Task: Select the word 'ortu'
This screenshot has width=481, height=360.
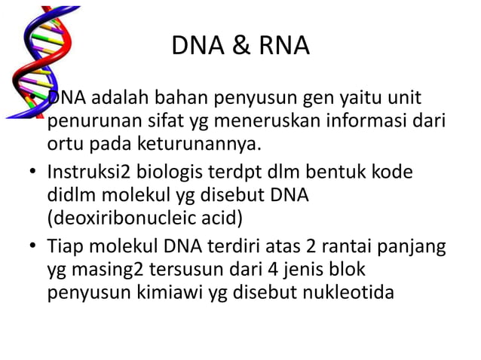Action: tap(66, 143)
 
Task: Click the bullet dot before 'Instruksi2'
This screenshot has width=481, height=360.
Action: tap(34, 173)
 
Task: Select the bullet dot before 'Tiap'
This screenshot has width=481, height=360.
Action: tap(34, 247)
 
